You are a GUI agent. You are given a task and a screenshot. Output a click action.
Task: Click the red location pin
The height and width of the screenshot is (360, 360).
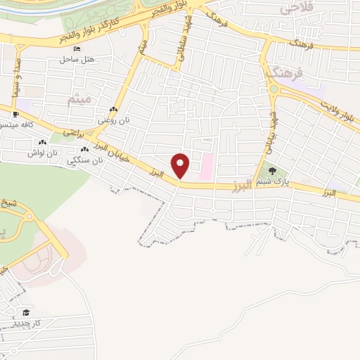(x=181, y=165)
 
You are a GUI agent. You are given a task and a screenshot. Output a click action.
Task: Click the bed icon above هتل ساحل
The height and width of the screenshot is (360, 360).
(x=77, y=49)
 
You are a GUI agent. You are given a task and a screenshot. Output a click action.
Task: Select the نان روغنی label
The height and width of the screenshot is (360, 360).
(x=113, y=121)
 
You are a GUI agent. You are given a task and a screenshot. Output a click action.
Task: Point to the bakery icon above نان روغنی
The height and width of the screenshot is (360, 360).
(x=113, y=110)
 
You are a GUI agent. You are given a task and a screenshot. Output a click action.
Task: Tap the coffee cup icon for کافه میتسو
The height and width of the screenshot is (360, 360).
(x=16, y=113)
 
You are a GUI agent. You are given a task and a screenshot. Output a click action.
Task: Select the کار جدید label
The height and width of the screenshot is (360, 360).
(x=28, y=323)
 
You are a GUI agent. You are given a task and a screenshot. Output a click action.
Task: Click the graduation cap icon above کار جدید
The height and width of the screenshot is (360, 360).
(x=26, y=311)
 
